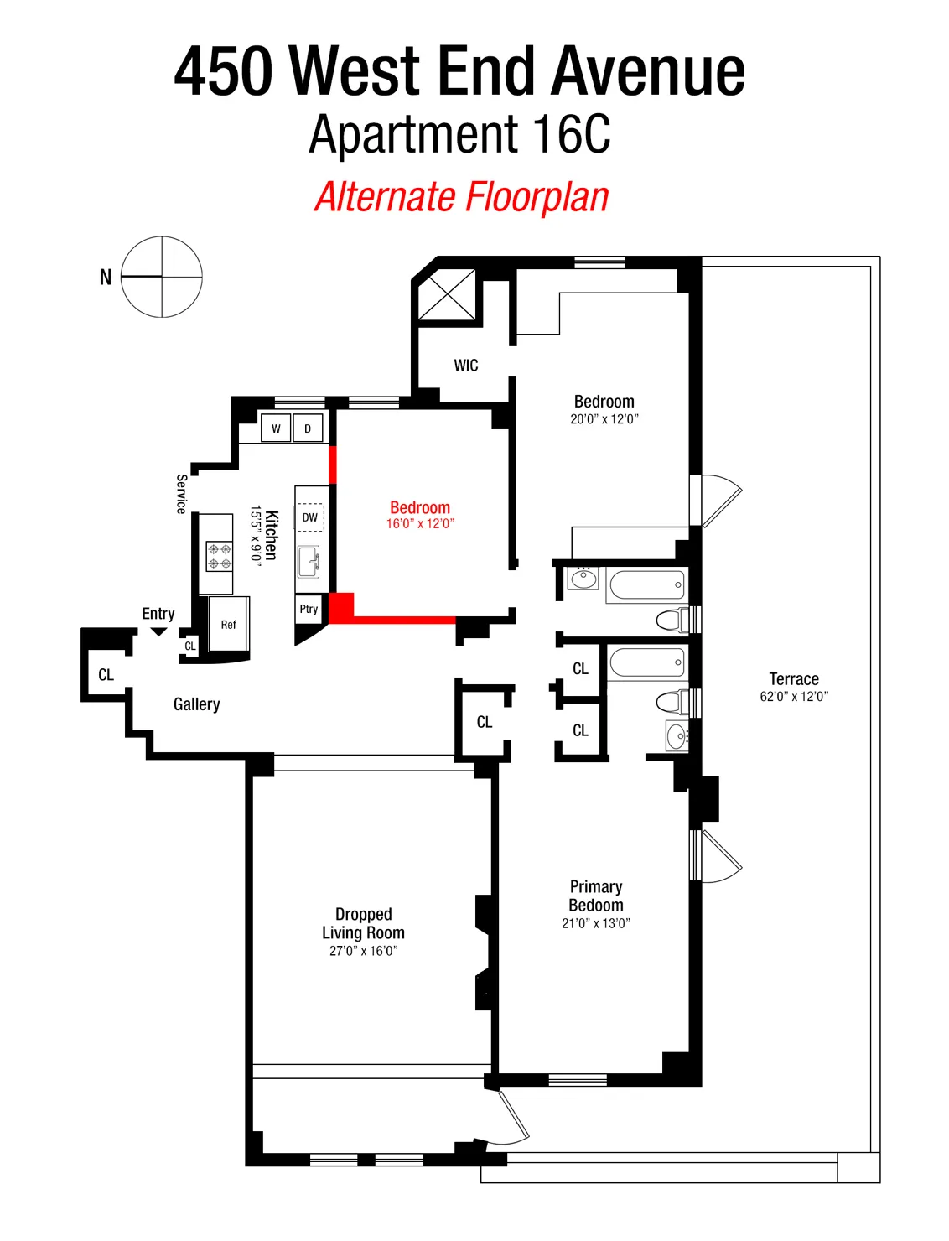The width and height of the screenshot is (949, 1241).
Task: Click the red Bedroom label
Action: (420, 508)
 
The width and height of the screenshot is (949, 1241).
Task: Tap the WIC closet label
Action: (466, 366)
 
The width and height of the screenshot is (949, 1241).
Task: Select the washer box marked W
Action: (276, 428)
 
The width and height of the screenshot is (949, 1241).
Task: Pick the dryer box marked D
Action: (308, 428)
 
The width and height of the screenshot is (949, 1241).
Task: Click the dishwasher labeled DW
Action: (310, 517)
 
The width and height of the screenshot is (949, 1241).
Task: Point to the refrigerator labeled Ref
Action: (229, 625)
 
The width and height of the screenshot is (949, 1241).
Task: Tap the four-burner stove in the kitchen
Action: (220, 555)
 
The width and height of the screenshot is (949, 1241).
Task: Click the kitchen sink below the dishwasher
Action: (309, 561)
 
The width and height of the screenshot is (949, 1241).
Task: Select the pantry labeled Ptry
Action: (309, 610)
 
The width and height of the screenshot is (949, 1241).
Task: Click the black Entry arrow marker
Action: (158, 632)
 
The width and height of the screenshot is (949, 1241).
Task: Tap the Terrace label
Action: (794, 679)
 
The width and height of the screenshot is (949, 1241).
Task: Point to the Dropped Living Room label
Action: (364, 923)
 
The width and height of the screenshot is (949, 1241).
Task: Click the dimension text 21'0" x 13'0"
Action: (596, 923)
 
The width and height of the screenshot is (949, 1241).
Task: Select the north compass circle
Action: (162, 277)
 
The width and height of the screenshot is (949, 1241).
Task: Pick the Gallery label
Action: (197, 704)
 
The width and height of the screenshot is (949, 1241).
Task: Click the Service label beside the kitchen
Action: (181, 494)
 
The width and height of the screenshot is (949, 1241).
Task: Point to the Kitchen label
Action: (271, 536)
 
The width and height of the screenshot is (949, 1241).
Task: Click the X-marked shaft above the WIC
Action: (447, 294)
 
